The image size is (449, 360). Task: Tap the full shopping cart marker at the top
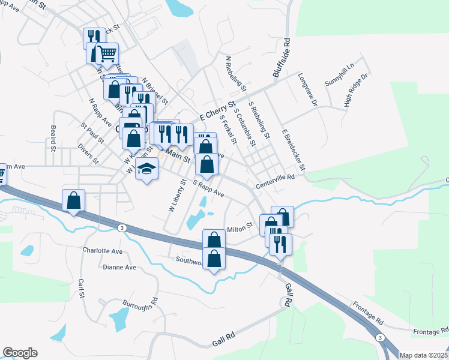tap(107, 54)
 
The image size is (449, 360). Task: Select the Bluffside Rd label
tap(282, 59)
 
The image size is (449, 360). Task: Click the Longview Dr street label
tap(307, 89)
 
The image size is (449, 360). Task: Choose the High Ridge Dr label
tap(355, 91)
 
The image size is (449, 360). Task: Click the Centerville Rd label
tap(276, 177)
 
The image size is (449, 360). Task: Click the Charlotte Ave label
tap(103, 251)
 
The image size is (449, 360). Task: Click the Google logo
tap(20, 353)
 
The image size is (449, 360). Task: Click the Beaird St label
tap(53, 138)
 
